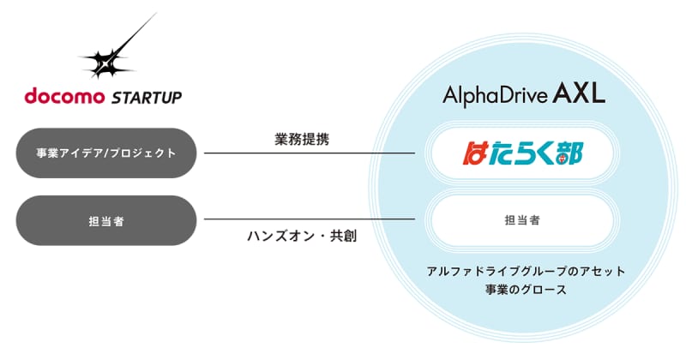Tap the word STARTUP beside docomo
tap(147, 97)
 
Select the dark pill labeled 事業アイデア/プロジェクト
tap(106, 153)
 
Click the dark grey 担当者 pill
tap(106, 220)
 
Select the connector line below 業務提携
tap(310, 153)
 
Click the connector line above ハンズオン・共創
tap(310, 219)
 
